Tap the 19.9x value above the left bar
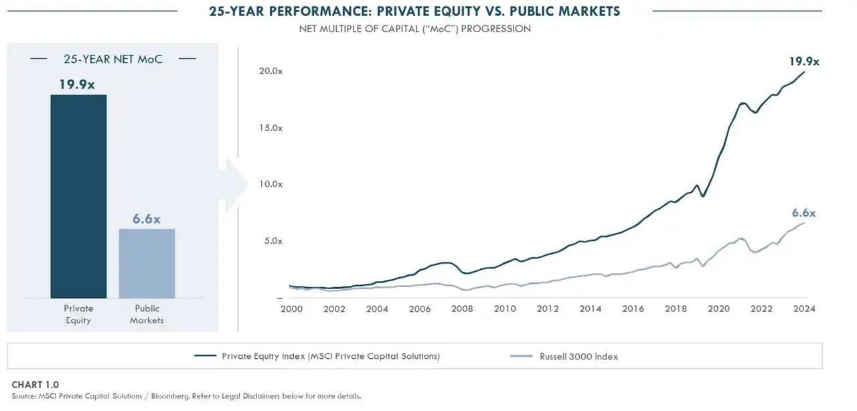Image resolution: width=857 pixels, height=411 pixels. pos(78,84)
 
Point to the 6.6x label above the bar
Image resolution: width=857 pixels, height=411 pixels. pos(147,219)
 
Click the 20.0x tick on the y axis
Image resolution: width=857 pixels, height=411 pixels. pos(270,71)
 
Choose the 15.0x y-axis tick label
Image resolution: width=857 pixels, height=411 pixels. pos(270,127)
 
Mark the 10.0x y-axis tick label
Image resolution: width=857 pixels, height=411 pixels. pos(270,184)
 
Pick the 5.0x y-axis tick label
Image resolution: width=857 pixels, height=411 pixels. pos(273,241)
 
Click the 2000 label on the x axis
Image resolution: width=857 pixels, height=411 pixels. pos(291,309)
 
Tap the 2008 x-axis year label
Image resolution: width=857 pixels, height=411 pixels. pos(462,309)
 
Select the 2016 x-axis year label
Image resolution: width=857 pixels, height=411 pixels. pos(633,309)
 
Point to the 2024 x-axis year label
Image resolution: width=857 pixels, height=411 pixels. pos(804,309)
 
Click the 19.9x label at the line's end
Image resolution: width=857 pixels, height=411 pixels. pos(804,61)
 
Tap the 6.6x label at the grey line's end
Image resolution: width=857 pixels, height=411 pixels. pos(803,213)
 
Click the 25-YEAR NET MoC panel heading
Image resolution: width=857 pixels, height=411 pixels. pos(112,59)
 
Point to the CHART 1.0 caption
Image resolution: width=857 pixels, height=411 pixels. pos(35,385)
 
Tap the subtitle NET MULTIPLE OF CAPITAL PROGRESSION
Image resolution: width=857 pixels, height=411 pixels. pos(414,29)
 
